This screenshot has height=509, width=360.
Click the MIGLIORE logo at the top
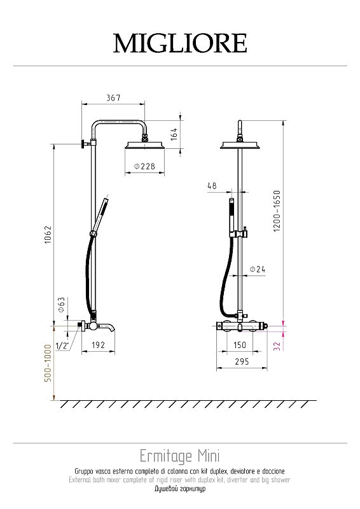click(180, 43)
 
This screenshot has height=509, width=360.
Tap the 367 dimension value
click(113, 97)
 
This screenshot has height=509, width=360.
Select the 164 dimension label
click(174, 134)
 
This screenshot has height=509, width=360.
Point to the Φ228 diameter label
click(144, 166)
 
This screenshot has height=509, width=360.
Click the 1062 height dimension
click(48, 235)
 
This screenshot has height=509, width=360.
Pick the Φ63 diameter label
click(61, 305)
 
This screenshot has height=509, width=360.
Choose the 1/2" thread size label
click(62, 345)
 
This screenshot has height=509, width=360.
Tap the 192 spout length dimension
click(98, 345)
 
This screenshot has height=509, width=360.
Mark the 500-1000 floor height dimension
click(48, 363)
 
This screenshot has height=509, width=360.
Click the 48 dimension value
click(212, 186)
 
